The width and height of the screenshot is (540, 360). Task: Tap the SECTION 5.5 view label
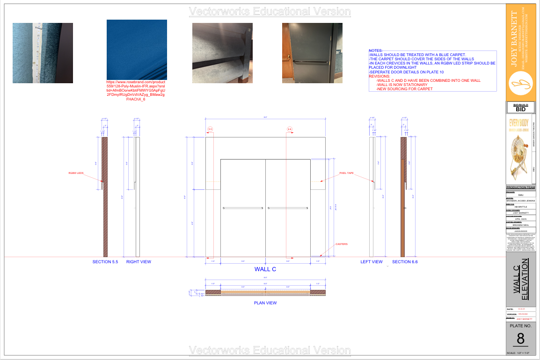(105, 262)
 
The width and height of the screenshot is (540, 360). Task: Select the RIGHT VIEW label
(139, 262)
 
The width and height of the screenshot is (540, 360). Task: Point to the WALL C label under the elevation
(265, 269)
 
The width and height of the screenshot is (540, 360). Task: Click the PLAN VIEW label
(265, 303)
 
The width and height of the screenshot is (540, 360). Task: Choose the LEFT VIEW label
(372, 262)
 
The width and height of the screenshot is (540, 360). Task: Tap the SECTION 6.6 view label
(405, 262)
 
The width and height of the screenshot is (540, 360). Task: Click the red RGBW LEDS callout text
(76, 173)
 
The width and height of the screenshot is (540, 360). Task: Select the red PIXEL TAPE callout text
(346, 173)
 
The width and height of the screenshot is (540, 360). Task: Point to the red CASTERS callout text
(342, 244)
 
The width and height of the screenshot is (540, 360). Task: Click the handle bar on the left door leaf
(244, 208)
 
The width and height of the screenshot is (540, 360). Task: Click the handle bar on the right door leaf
(287, 208)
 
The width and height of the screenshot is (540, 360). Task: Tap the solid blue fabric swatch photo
(137, 49)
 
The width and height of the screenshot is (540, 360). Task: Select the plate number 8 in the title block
(520, 338)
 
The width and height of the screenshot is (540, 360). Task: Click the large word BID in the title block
(520, 109)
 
